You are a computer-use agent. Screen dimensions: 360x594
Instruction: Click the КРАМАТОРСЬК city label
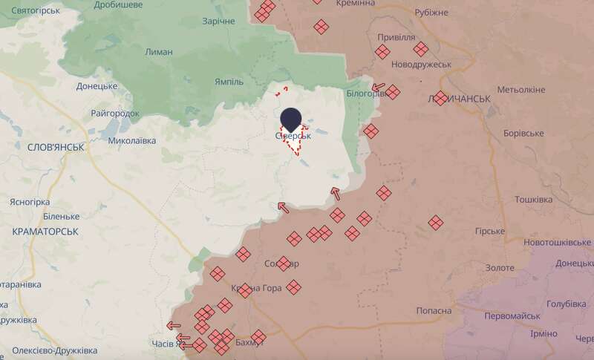click(x=46, y=232)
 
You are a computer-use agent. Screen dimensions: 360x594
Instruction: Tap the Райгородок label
click(x=114, y=113)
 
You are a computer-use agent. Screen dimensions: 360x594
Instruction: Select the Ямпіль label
click(x=218, y=81)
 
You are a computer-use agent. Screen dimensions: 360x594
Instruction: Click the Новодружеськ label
click(x=421, y=64)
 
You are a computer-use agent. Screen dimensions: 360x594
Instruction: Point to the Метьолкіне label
click(x=521, y=90)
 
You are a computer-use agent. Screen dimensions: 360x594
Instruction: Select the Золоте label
click(x=499, y=267)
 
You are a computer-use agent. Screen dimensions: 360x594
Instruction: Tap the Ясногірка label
click(x=29, y=202)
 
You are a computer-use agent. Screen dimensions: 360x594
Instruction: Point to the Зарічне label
click(x=218, y=21)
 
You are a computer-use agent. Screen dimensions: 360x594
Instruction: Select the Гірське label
click(x=490, y=232)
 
